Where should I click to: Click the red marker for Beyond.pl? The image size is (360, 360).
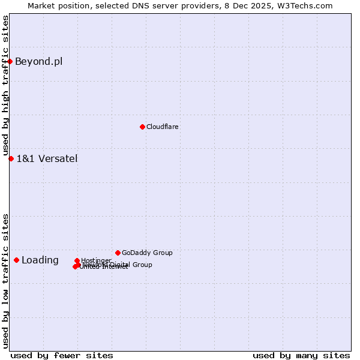click(10, 61)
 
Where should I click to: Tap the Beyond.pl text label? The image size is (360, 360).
click(38, 61)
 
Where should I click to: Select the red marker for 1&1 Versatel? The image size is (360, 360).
click(11, 158)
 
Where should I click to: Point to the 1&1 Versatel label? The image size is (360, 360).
click(47, 158)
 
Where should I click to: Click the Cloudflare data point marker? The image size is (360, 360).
click(142, 127)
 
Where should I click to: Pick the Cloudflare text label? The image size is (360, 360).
click(163, 127)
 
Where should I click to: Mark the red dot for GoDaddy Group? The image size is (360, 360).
click(118, 253)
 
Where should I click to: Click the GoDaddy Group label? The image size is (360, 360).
click(147, 253)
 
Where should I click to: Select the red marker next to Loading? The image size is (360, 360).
click(16, 260)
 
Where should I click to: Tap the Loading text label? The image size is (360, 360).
click(40, 260)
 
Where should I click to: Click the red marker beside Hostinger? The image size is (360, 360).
click(77, 261)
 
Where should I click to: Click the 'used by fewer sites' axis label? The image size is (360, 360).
click(62, 355)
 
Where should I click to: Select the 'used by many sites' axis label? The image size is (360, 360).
click(301, 355)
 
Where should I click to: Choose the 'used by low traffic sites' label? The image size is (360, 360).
click(5, 281)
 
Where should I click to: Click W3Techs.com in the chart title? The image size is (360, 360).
click(308, 5)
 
